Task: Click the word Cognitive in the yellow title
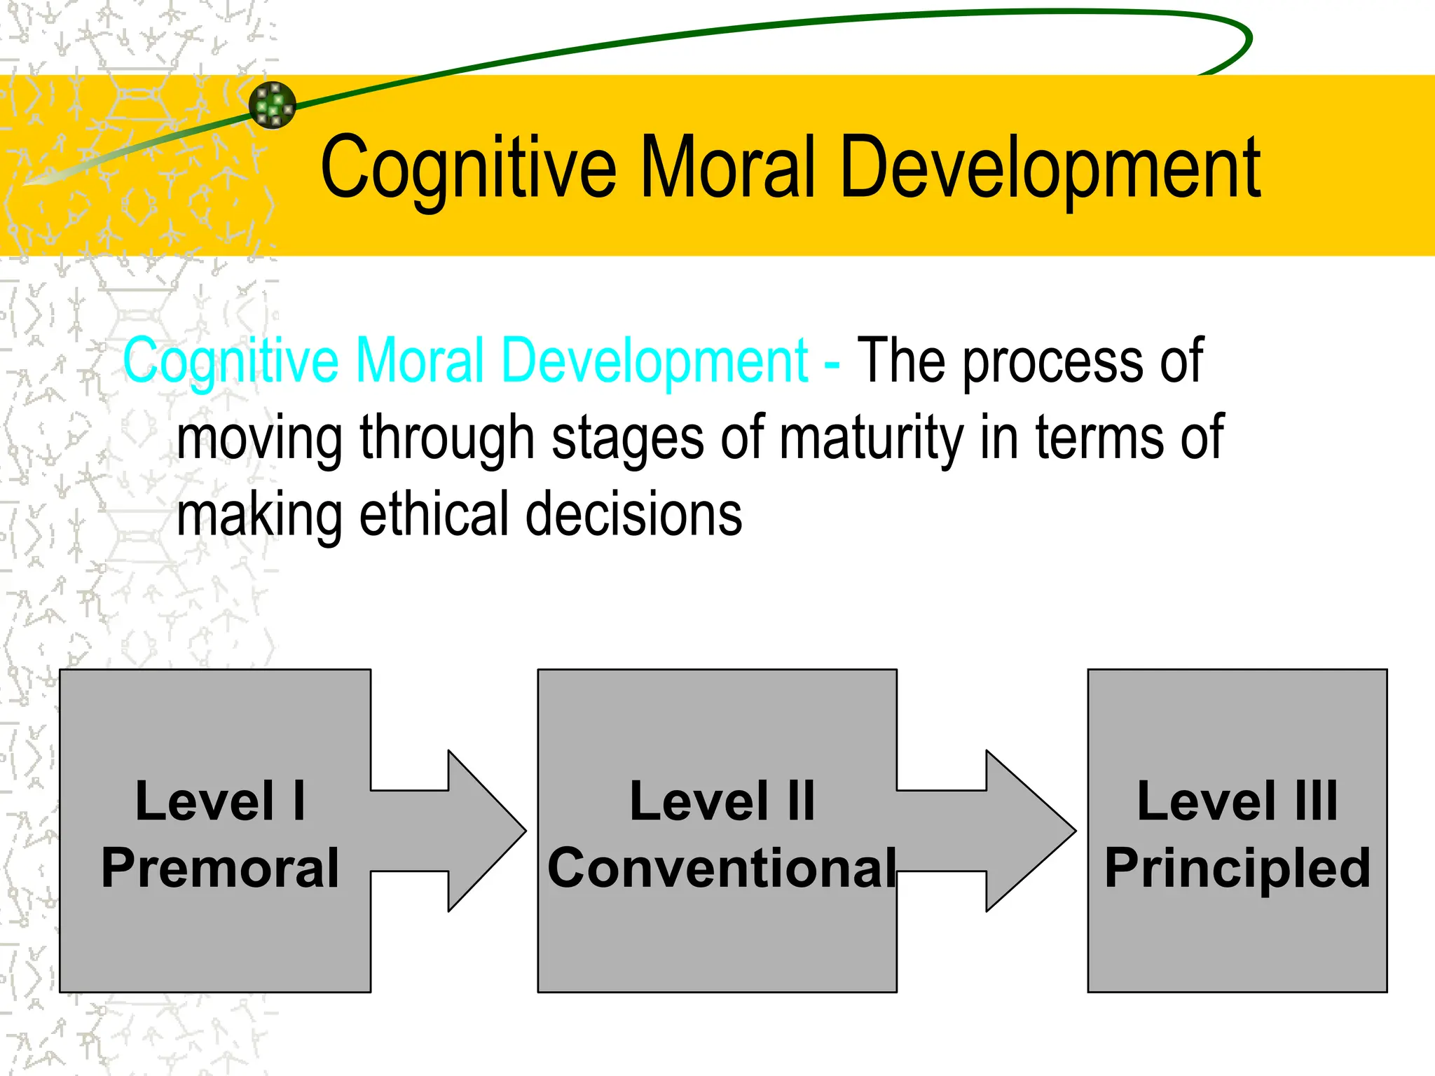(468, 168)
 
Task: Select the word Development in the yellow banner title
(1050, 168)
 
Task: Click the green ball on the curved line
(273, 105)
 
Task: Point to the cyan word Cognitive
(231, 361)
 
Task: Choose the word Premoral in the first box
(220, 868)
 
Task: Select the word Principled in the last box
(1237, 868)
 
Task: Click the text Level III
(1237, 801)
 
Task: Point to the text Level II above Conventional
(722, 801)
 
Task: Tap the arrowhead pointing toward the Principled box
(1029, 831)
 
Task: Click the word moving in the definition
(259, 438)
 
